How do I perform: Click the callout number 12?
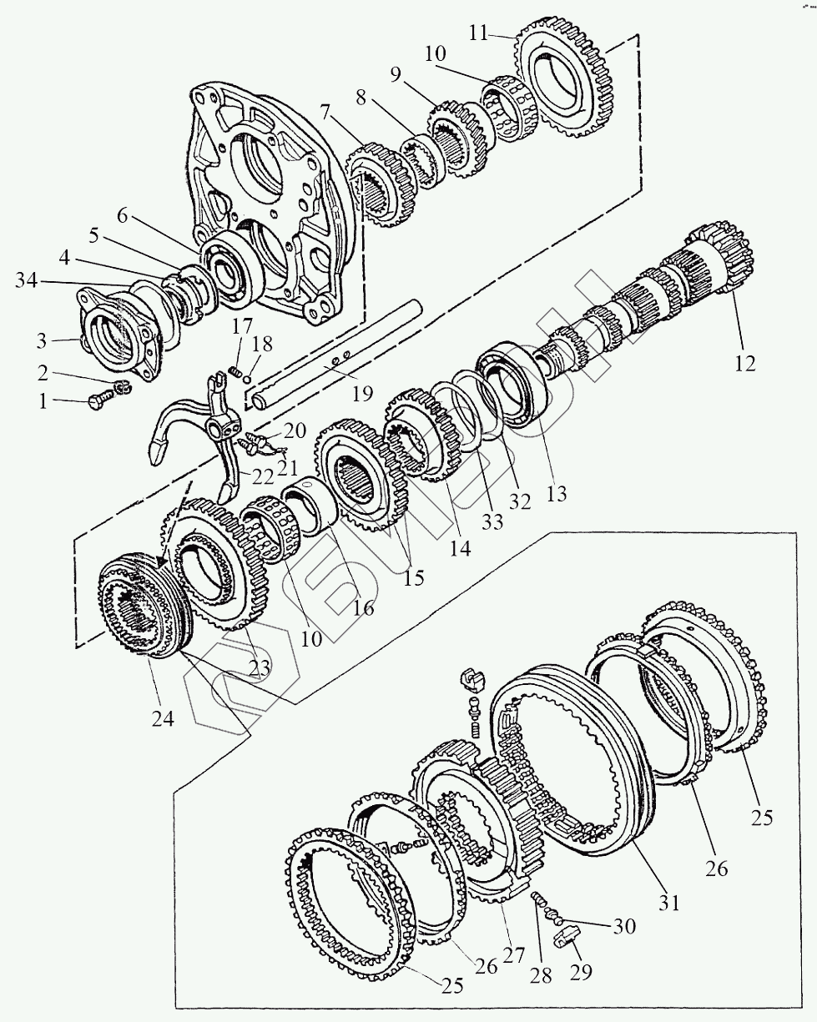tap(744, 363)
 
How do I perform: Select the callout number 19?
tap(362, 393)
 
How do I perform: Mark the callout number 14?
tap(460, 548)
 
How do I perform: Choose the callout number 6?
tap(123, 216)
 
